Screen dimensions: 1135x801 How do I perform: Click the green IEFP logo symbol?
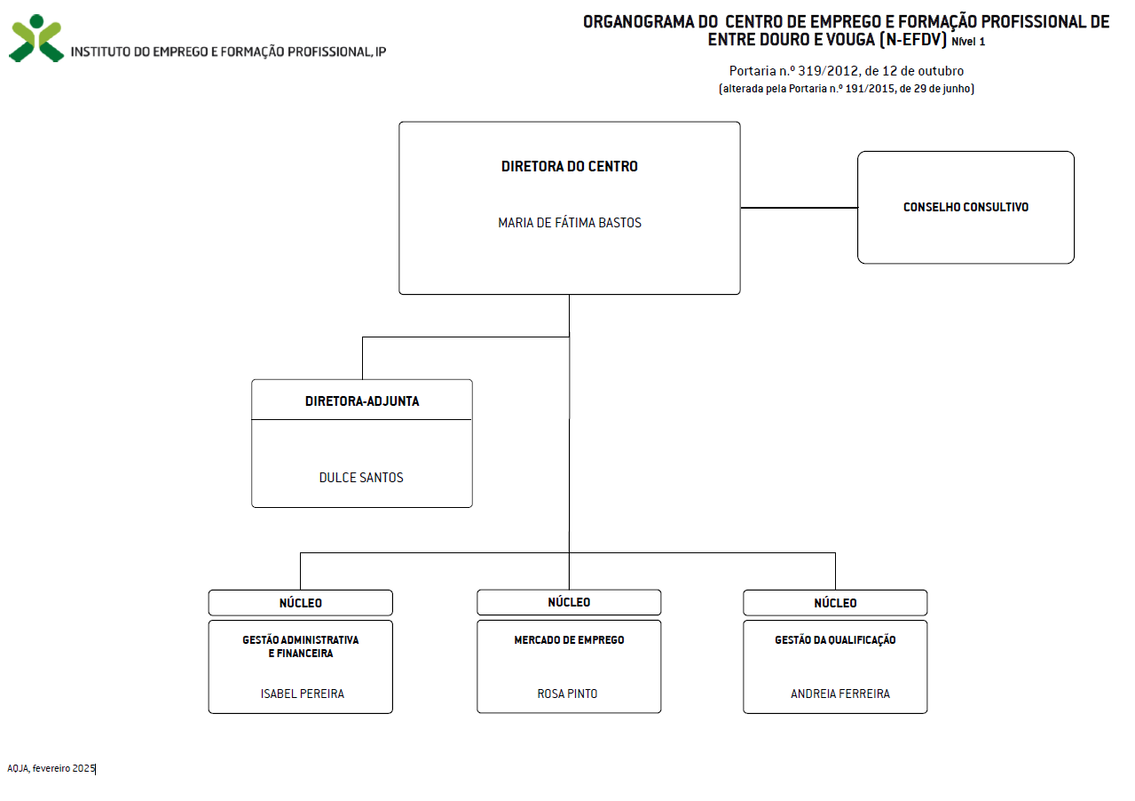coord(36,38)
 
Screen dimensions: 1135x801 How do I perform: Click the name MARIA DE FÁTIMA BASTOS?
coord(570,223)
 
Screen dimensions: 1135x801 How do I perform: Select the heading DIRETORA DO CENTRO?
coord(570,166)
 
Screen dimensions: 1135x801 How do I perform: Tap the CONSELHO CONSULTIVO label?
coord(966,207)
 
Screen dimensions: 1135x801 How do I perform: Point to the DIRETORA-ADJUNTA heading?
coord(362,401)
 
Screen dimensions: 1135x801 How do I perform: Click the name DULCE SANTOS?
coord(361,478)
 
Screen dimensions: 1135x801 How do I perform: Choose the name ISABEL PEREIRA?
coord(303,694)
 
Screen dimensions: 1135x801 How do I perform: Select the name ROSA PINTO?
coord(568,694)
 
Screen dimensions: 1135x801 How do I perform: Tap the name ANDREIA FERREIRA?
coord(840,694)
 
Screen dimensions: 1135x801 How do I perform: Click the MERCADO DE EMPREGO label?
coord(569,639)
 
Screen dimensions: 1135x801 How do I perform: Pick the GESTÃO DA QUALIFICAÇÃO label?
coord(835,640)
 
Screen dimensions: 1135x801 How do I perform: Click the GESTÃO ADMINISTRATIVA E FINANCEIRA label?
coord(301,646)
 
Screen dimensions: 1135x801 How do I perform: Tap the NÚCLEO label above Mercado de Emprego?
coord(569,602)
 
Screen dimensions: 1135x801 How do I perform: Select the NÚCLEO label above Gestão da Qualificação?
coord(835,603)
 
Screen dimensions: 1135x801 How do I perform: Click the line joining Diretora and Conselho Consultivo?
coord(799,207)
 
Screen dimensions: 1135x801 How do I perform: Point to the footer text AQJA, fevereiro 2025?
coord(51,768)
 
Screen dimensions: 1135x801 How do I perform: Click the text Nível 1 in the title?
coord(968,42)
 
